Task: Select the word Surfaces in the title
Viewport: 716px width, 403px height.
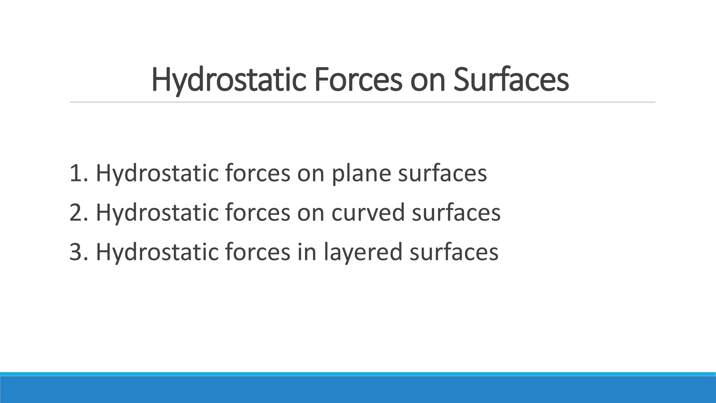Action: [511, 80]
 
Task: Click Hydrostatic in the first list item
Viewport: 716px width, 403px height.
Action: [157, 174]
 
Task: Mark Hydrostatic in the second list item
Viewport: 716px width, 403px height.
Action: [157, 213]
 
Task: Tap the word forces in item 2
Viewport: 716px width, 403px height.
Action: [257, 212]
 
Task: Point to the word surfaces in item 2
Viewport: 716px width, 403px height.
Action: [456, 212]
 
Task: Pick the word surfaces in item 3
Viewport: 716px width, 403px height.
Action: [454, 252]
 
